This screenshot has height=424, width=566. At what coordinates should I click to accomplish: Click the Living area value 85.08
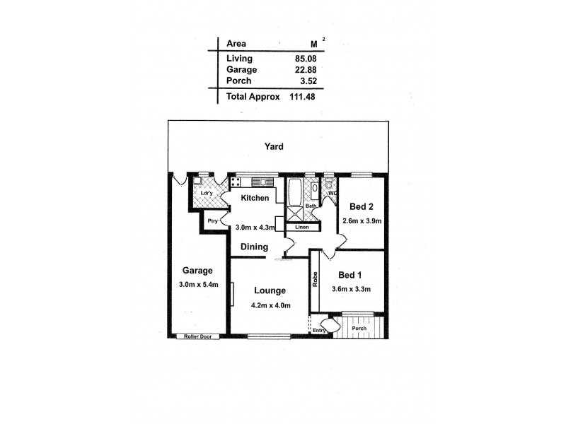[301, 59]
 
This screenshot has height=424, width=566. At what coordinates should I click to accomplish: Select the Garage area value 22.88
[301, 69]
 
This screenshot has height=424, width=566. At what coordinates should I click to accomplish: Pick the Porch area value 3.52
[304, 81]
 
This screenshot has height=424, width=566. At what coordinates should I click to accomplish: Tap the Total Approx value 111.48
[303, 96]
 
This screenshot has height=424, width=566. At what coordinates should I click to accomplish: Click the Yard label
[274, 146]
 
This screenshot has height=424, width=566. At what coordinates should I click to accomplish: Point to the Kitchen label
[255, 198]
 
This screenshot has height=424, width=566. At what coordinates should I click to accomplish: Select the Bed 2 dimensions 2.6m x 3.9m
[361, 220]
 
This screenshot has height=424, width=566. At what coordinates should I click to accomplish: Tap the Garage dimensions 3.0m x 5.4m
[198, 285]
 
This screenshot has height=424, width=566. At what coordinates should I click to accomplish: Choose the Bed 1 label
[350, 275]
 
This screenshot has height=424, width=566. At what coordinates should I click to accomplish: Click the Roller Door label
[197, 336]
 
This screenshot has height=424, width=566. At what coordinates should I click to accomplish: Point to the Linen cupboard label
[302, 227]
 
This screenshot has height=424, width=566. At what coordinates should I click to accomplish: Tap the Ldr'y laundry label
[207, 193]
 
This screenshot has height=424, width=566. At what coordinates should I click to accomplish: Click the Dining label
[254, 247]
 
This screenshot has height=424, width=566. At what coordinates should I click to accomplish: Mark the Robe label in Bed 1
[315, 280]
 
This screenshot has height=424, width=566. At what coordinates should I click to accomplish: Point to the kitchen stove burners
[236, 182]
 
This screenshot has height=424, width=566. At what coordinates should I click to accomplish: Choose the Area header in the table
[236, 43]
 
